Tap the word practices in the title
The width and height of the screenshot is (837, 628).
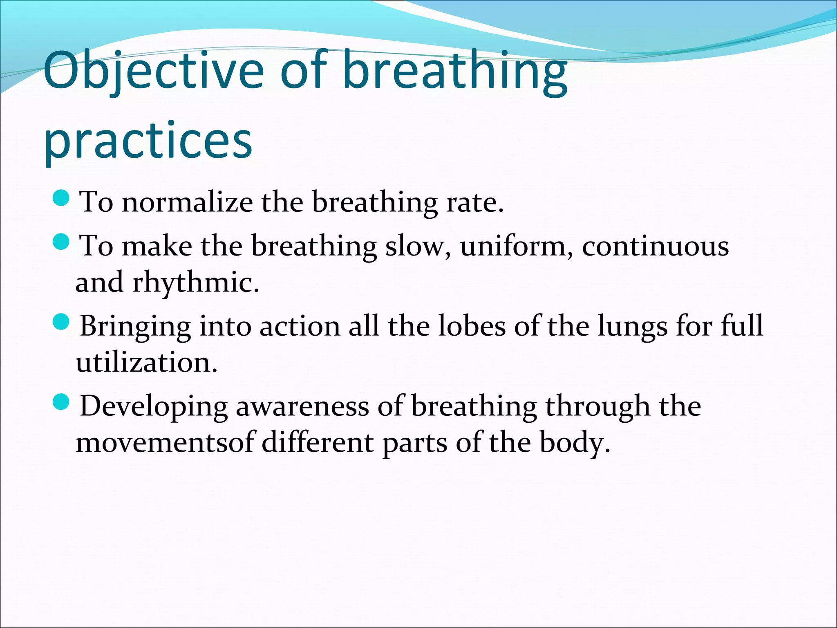(148, 141)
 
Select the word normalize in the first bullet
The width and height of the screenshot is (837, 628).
(187, 202)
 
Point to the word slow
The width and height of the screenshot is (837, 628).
(418, 246)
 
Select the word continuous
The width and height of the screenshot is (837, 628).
(655, 246)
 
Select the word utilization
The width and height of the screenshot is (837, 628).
(146, 362)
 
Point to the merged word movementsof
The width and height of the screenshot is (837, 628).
(165, 442)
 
